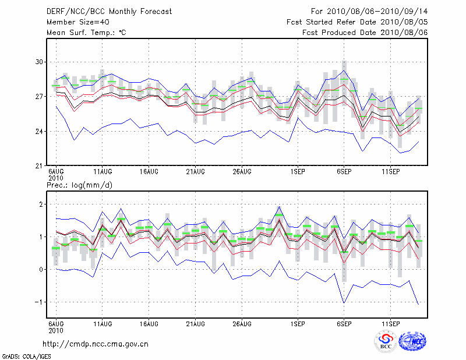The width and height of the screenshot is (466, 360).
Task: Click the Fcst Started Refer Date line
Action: tap(357, 22)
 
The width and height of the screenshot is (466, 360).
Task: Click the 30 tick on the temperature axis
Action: tap(40, 62)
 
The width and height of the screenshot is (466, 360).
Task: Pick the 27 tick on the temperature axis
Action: tap(40, 97)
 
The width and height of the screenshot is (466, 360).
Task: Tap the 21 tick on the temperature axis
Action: tap(40, 166)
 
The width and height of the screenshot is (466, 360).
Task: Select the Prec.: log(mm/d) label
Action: tap(79, 185)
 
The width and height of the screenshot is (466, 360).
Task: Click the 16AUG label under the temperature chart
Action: tap(149, 172)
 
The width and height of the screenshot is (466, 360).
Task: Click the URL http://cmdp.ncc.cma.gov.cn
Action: tap(96, 344)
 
